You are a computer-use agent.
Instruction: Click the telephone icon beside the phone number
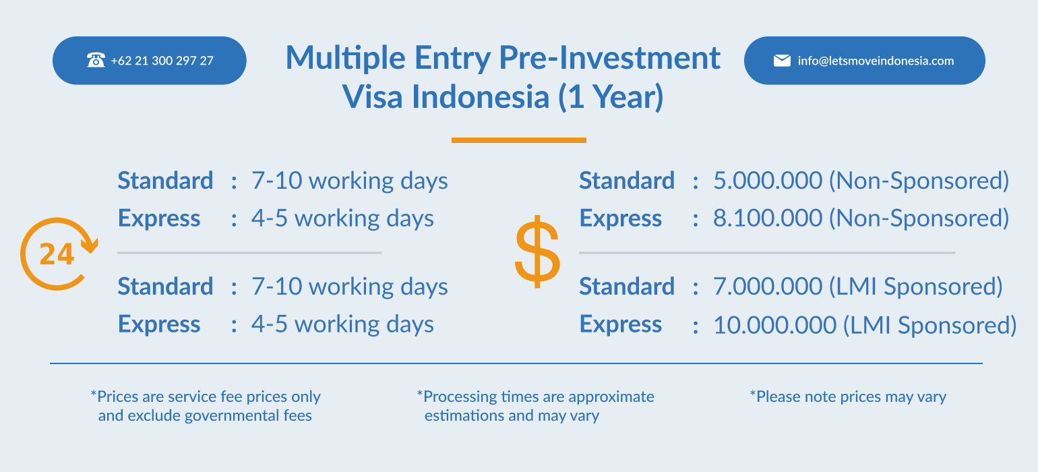[x=96, y=60]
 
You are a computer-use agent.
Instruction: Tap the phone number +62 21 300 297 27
[x=162, y=61]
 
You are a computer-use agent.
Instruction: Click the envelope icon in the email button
[x=782, y=61]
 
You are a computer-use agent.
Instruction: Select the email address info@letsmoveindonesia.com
[x=876, y=61]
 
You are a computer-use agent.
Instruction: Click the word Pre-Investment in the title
[x=609, y=58]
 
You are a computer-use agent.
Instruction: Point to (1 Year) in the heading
[x=611, y=97]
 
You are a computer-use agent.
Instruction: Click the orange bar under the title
[x=518, y=140]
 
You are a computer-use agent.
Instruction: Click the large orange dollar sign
[x=538, y=252]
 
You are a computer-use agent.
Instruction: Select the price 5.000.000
[x=767, y=180]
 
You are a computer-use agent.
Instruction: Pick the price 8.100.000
[x=767, y=218]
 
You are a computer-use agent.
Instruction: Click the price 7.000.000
[x=767, y=287]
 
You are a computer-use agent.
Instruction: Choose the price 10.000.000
[x=775, y=325]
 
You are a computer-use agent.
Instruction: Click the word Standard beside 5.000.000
[x=627, y=180]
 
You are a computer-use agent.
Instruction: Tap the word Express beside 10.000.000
[x=621, y=324]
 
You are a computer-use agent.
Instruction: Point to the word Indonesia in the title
[x=481, y=97]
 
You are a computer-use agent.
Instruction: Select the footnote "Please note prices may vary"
[x=848, y=397]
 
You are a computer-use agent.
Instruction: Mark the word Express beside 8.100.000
[x=621, y=218]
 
